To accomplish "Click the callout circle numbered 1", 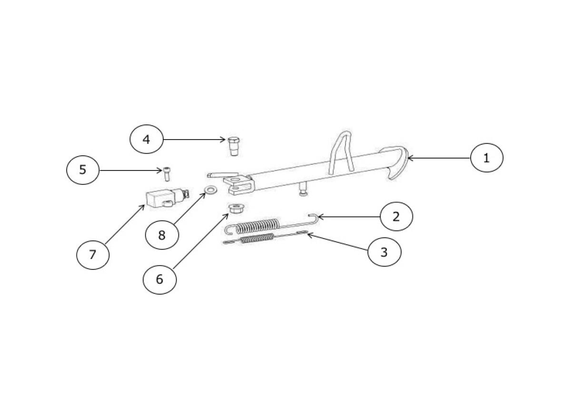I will pos(486,158).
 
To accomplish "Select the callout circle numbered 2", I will pos(396,217).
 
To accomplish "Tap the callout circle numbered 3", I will pos(384,251).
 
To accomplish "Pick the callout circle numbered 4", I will pos(146,140).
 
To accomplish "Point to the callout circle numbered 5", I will pos(83,170).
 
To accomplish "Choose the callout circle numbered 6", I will pos(159,279).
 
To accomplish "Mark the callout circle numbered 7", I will pos(93,255).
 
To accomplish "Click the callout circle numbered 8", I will pos(162,235).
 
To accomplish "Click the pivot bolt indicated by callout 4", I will pos(233,145).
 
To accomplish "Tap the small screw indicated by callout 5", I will pos(166,174).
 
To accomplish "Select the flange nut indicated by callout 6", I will pos(234,209).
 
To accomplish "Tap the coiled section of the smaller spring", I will pos(257,239).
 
